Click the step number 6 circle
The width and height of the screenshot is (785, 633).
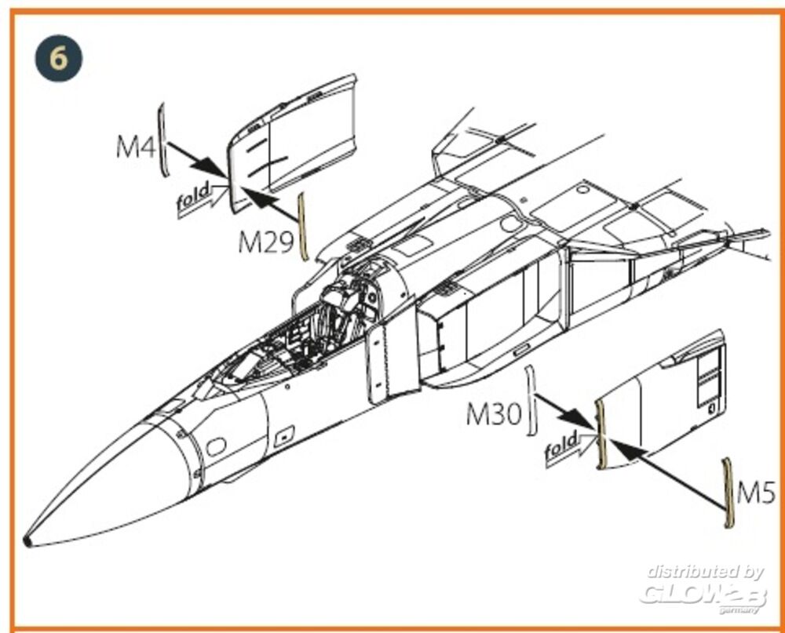(59, 59)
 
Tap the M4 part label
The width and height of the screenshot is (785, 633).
(136, 147)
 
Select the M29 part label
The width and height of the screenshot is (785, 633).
(265, 242)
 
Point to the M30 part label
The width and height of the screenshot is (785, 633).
(494, 414)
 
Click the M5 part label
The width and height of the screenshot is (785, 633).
(756, 493)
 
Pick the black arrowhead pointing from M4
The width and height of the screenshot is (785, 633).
(212, 166)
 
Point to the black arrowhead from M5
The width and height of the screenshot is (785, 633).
(626, 449)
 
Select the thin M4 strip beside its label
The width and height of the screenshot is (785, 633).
(162, 140)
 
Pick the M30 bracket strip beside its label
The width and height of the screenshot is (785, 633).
(531, 400)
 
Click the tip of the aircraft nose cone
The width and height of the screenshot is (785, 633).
(27, 541)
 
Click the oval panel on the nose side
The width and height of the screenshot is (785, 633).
(217, 446)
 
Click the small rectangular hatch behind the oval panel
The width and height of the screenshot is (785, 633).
(284, 436)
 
